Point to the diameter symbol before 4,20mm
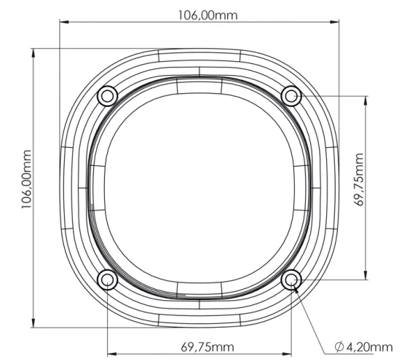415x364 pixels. (x=340, y=347)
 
